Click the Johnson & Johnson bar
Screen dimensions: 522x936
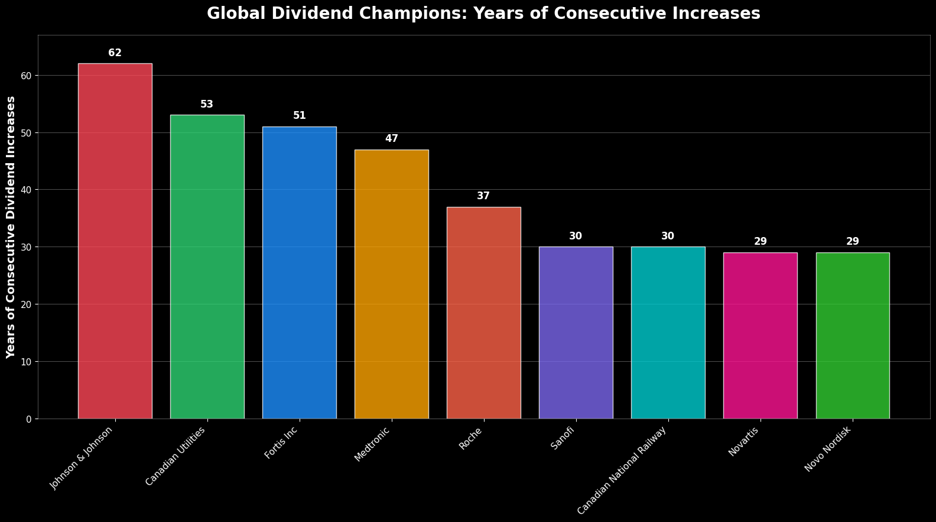pos(115,241)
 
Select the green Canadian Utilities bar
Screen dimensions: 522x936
pos(207,267)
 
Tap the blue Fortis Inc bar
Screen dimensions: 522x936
pos(299,273)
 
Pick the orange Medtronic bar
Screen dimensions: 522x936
pos(391,284)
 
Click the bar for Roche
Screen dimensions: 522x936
pos(483,313)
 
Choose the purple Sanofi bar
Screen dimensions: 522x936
pos(576,332)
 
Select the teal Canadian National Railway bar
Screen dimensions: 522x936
pos(668,332)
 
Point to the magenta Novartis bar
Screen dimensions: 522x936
pos(760,335)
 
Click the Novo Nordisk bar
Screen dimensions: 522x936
pos(852,335)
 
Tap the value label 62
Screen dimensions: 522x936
pos(115,53)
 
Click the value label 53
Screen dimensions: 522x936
pos(207,105)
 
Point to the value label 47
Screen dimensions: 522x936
pos(391,139)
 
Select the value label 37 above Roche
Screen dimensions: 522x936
pos(483,196)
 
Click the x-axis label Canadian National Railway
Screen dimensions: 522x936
pos(622,470)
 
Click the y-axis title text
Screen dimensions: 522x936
pos(11,227)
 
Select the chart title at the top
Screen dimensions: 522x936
pos(483,14)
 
